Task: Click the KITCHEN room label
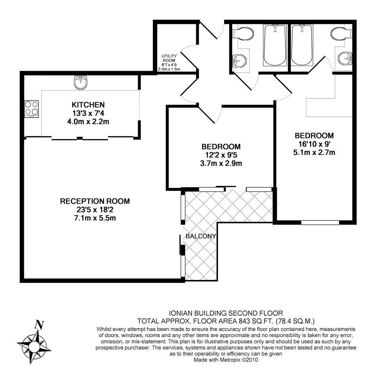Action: click(88, 105)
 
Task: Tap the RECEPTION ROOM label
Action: click(95, 202)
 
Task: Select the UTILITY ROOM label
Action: click(169, 58)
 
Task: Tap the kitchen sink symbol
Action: click(80, 81)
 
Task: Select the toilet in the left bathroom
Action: click(244, 34)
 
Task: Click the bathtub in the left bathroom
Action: click(275, 45)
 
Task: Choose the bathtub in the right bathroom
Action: click(302, 45)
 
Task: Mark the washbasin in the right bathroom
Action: click(345, 58)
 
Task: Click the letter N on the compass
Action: click(37, 325)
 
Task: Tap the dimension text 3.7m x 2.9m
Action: click(221, 163)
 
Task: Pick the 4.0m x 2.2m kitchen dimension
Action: click(88, 121)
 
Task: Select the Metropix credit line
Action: click(226, 360)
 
